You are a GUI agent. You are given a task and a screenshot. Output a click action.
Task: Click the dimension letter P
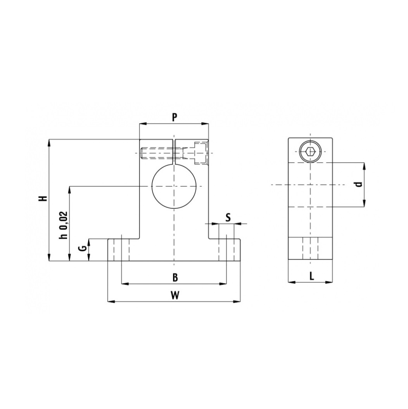(175, 117)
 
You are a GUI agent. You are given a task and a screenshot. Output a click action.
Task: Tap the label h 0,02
(64, 225)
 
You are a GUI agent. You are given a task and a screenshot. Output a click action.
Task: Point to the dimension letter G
(83, 248)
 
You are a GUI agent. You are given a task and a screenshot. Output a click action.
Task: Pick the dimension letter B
(175, 277)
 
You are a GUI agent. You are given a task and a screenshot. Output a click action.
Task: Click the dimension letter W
(175, 295)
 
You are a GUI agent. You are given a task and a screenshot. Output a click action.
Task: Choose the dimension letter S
(228, 217)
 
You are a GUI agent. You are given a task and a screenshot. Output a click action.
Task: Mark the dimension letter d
(360, 184)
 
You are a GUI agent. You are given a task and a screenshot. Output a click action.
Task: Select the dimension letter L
(311, 276)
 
